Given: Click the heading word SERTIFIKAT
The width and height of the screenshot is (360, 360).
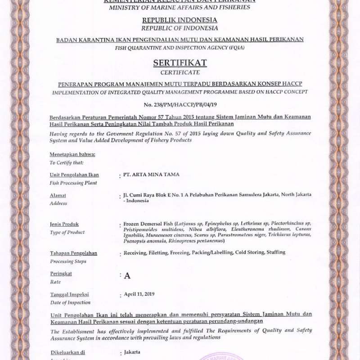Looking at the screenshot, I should (x=180, y=63).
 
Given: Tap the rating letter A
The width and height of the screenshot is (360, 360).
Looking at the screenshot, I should (x=127, y=276).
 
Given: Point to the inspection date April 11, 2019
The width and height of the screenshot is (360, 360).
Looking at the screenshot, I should (x=139, y=294).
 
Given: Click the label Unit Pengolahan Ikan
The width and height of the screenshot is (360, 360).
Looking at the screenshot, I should (x=74, y=175).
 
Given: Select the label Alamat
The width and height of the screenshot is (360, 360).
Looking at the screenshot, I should (x=58, y=195).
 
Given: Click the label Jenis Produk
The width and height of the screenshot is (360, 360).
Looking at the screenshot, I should (x=64, y=224).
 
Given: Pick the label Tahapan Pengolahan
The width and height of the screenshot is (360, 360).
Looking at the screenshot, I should (x=73, y=253).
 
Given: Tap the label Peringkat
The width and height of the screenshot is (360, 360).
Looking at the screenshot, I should (x=61, y=273).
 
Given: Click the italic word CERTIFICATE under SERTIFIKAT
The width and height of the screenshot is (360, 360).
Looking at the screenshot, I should (x=180, y=72).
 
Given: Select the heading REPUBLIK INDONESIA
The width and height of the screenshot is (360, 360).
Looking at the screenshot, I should (x=180, y=20).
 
